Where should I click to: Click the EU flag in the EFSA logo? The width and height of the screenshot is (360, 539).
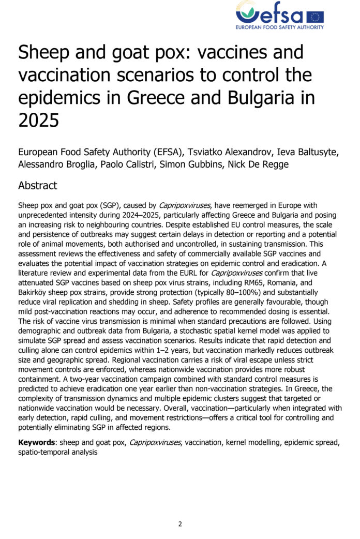tap(315, 17)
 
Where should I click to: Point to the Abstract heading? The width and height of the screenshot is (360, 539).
tap(37, 185)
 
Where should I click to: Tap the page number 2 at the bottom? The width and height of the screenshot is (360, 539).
tap(180, 523)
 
